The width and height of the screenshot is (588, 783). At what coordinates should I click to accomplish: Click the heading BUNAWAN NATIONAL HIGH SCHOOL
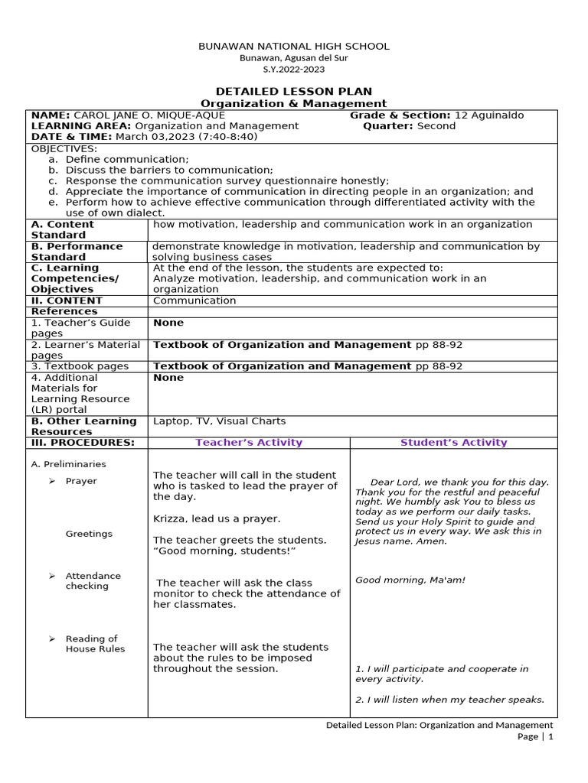click(294, 46)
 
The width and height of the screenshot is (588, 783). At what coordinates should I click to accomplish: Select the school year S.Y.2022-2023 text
click(294, 69)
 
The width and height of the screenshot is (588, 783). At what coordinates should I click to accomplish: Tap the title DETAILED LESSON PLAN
click(294, 91)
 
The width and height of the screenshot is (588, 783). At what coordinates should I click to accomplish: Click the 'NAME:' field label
click(50, 115)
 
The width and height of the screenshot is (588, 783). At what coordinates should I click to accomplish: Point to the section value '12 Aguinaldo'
click(489, 115)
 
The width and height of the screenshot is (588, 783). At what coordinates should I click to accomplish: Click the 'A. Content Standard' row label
click(62, 229)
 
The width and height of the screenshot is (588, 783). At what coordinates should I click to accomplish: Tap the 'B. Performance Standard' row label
click(76, 252)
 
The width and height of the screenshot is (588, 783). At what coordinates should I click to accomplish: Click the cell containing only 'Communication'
click(194, 301)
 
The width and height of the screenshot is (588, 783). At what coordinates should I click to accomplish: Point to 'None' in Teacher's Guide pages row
click(168, 323)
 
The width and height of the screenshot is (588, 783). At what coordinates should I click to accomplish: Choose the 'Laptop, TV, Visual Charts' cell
click(219, 421)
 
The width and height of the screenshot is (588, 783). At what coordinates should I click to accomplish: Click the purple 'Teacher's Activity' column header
click(249, 443)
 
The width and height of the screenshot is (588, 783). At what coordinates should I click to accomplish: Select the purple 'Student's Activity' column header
click(453, 443)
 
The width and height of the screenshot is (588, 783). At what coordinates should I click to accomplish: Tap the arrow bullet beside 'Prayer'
click(51, 481)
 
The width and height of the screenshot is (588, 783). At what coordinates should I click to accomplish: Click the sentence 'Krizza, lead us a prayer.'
click(217, 518)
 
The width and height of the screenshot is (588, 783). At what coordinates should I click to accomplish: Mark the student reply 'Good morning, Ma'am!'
click(410, 580)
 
